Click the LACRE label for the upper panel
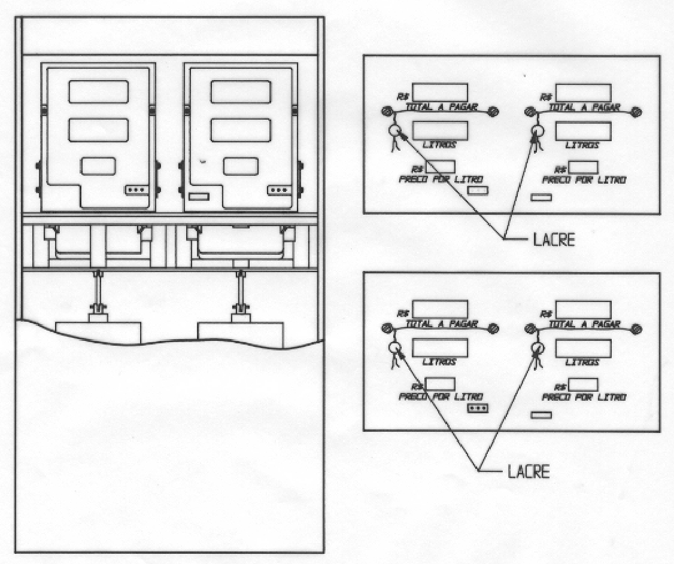click(554, 239)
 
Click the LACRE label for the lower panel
click(529, 471)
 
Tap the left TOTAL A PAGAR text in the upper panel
click(442, 107)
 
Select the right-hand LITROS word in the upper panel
click(582, 145)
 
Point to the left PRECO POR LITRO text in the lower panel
click(441, 397)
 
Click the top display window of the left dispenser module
click(98, 92)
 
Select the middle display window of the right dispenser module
click(241, 130)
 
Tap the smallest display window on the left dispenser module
click(98, 166)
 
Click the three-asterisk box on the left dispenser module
click(136, 190)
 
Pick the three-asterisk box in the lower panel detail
click(478, 408)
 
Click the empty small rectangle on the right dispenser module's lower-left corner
click(199, 197)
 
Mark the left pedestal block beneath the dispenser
click(98, 333)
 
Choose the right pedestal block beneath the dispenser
click(240, 334)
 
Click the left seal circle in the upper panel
click(394, 130)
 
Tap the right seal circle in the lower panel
click(538, 347)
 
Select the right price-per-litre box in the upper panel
click(583, 167)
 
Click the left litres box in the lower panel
click(440, 348)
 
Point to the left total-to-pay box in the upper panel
click(440, 93)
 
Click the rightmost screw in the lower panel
click(637, 330)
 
